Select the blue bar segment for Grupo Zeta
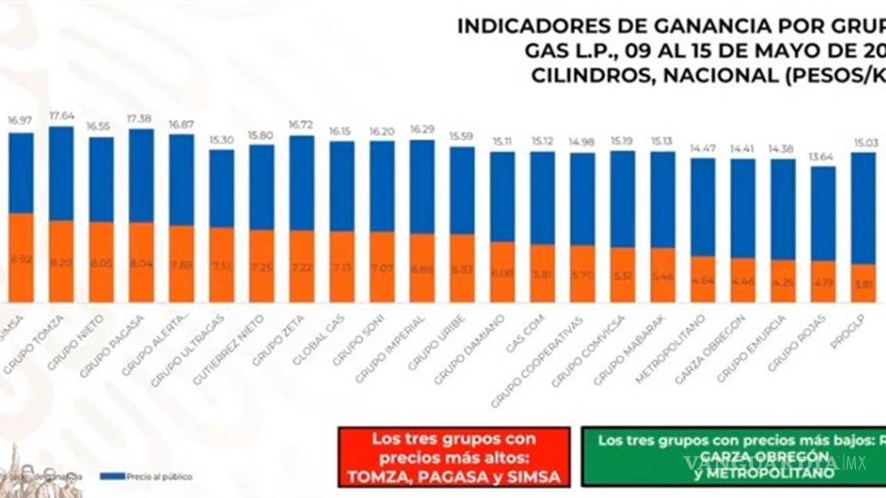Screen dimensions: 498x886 301,183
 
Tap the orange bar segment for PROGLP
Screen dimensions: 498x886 863,283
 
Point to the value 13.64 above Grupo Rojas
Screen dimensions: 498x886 823,157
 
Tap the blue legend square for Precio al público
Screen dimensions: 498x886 112,476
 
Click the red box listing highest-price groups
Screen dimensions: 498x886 454,458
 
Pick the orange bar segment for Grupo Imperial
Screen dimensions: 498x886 421,267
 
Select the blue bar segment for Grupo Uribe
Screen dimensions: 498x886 461,191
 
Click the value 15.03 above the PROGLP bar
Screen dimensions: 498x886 863,142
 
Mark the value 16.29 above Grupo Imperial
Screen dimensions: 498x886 421,130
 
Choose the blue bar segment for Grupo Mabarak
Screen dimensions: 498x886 662,200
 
